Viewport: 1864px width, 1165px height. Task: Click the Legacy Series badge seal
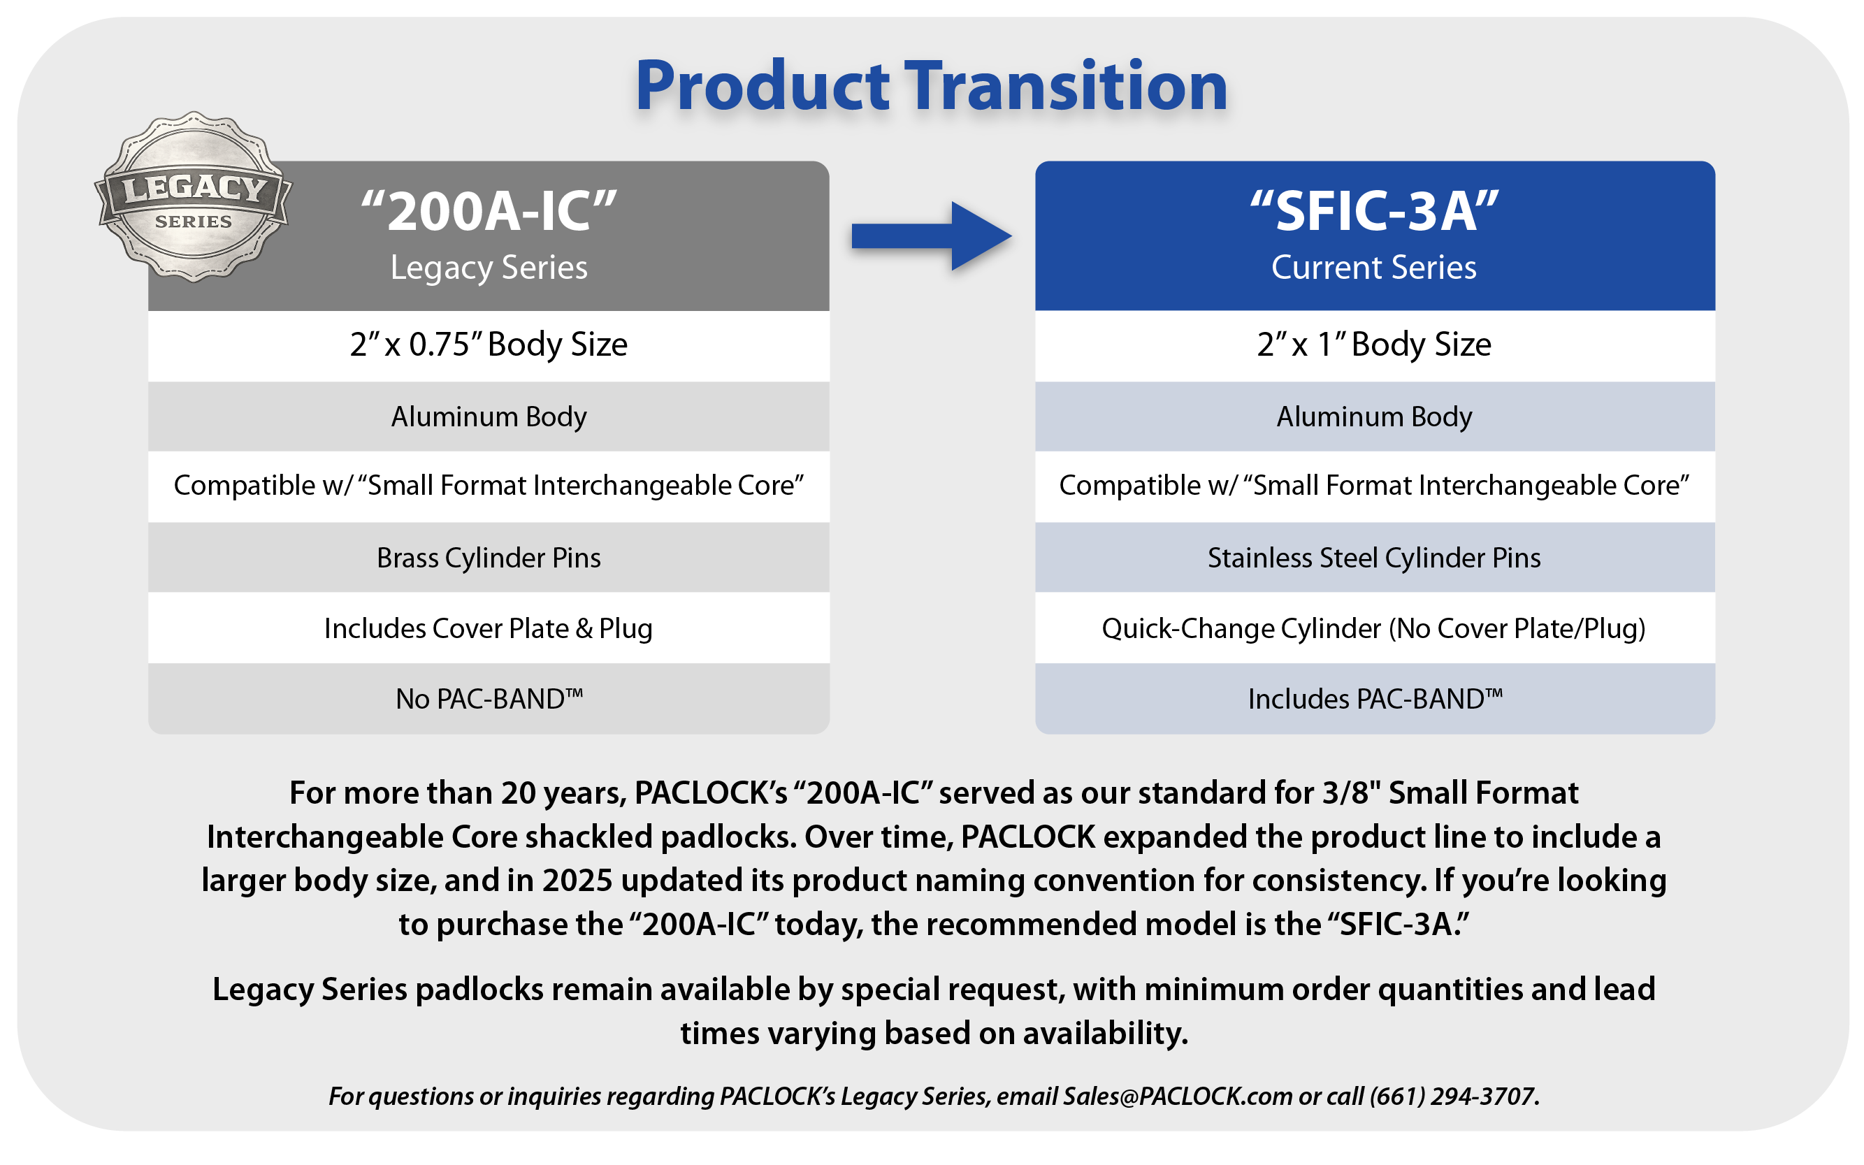pyautogui.click(x=194, y=196)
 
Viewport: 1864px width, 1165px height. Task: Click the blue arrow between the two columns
pyautogui.click(x=932, y=236)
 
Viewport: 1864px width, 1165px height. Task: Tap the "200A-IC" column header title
pyautogui.click(x=489, y=210)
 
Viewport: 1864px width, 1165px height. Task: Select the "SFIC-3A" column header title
pyautogui.click(x=1375, y=210)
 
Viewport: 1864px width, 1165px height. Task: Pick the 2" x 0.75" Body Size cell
pyautogui.click(x=489, y=345)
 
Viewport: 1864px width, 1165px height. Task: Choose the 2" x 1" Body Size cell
pyautogui.click(x=1375, y=345)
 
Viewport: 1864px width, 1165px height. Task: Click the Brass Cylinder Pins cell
pyautogui.click(x=489, y=558)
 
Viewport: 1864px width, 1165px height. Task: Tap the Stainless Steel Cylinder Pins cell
pyautogui.click(x=1375, y=558)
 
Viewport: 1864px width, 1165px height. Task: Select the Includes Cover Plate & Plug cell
pyautogui.click(x=489, y=629)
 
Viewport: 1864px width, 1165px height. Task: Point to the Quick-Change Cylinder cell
pyautogui.click(x=1375, y=629)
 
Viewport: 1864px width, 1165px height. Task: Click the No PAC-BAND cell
pyautogui.click(x=489, y=699)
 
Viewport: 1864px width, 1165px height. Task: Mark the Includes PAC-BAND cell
pyautogui.click(x=1375, y=699)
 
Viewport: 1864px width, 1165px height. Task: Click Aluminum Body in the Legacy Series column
pyautogui.click(x=489, y=416)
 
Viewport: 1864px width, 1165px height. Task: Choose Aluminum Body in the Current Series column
pyautogui.click(x=1375, y=416)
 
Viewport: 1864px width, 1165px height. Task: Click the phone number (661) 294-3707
pyautogui.click(x=1453, y=1096)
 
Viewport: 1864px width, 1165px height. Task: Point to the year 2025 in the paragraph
pyautogui.click(x=577, y=880)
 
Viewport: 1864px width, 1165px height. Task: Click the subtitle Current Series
pyautogui.click(x=1374, y=268)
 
